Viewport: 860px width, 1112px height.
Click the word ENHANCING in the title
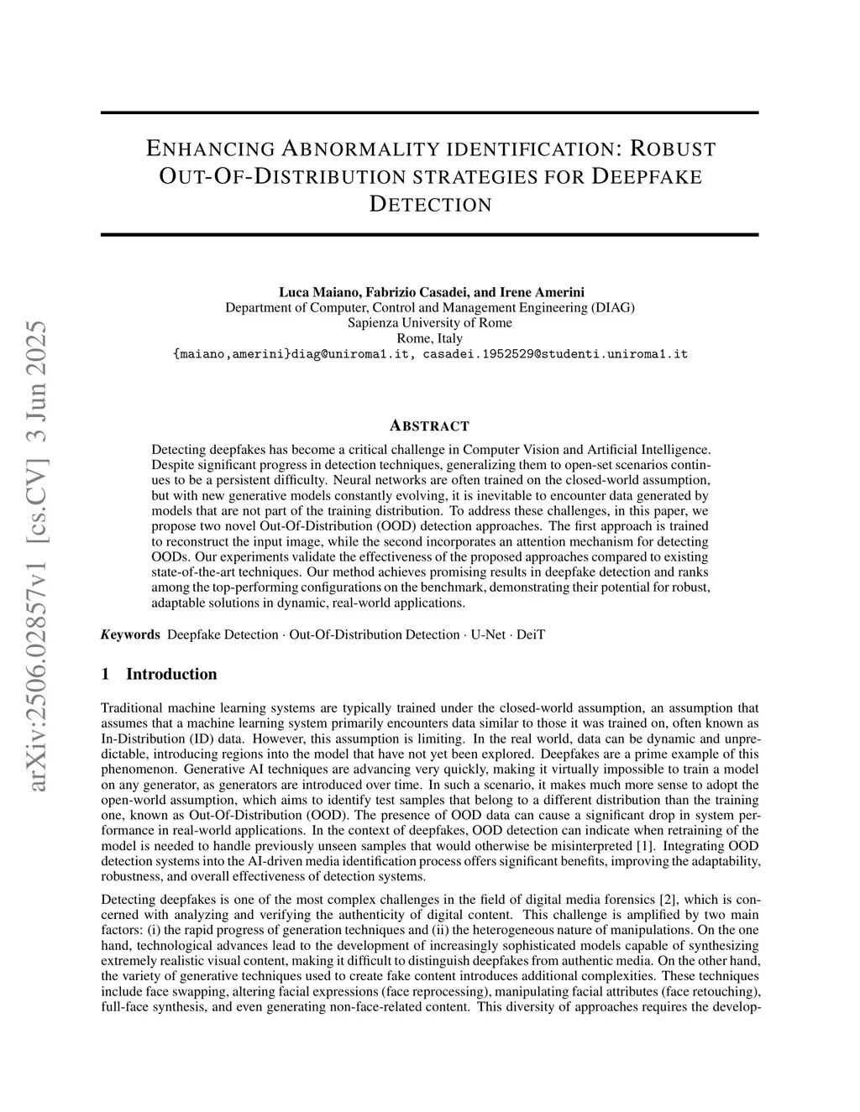click(x=210, y=149)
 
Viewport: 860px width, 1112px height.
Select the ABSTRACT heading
click(x=429, y=425)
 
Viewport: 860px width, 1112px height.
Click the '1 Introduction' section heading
click(x=159, y=674)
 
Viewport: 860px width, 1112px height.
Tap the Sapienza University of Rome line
click(x=429, y=323)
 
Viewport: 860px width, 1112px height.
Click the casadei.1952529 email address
click(x=555, y=354)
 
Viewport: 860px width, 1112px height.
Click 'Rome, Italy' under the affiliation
click(x=429, y=338)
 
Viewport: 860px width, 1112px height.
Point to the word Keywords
click(x=130, y=634)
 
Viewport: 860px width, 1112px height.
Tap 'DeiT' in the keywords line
click(x=531, y=634)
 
